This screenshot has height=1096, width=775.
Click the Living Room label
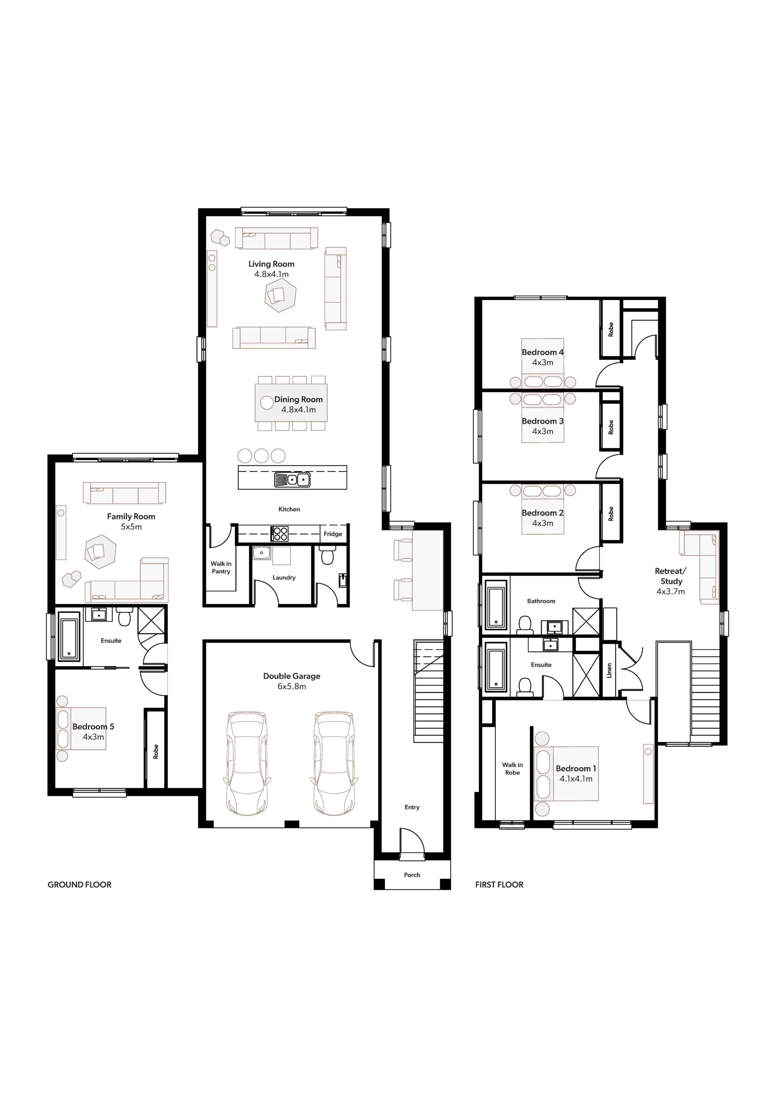point(271,264)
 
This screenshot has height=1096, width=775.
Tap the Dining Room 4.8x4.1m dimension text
point(298,410)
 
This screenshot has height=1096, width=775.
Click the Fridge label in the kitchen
point(333,534)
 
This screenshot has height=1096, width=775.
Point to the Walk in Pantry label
point(221,568)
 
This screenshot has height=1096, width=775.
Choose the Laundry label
point(284,578)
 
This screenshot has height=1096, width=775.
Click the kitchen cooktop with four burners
point(279,534)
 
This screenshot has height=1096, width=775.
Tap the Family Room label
point(131,516)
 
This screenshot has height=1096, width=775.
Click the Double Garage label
point(292,676)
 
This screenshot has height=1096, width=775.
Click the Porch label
point(412,875)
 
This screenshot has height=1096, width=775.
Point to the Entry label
point(412,807)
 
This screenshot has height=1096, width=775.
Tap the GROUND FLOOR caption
point(79,885)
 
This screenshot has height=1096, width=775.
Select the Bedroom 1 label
point(576,768)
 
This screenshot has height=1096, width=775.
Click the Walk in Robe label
point(513,768)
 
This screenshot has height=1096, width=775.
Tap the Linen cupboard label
point(609,670)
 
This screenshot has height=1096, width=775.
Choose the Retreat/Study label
point(671,576)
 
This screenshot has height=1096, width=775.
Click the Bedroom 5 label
point(93,727)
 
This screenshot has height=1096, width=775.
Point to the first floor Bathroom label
point(541,601)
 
